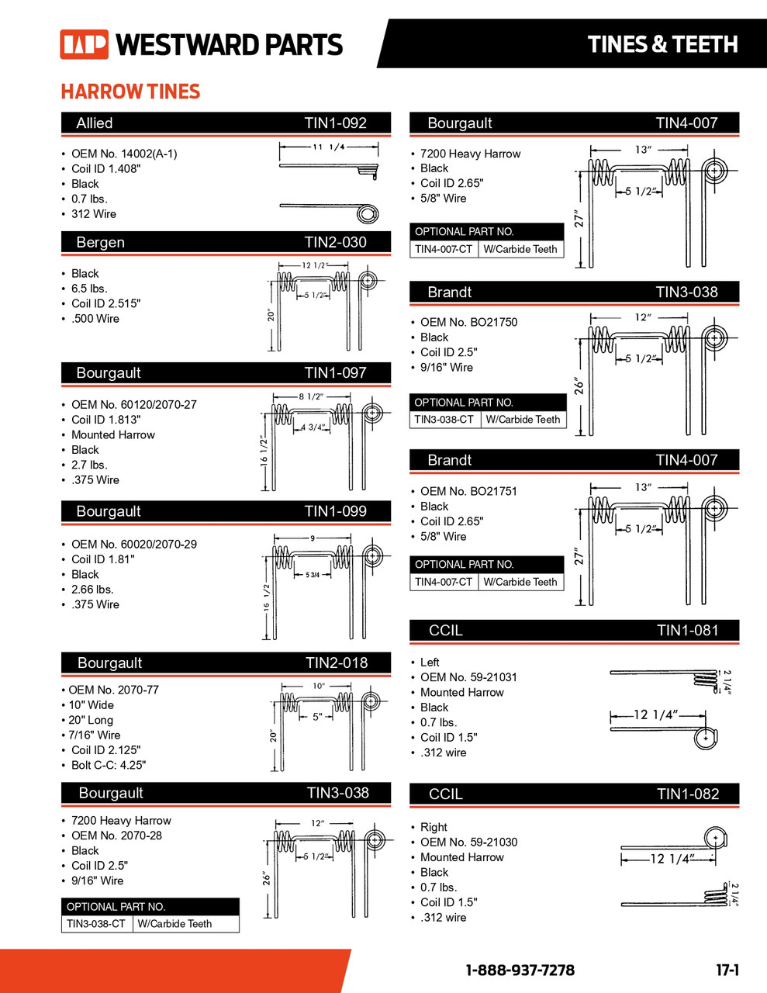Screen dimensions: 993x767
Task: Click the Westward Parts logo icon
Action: click(x=84, y=45)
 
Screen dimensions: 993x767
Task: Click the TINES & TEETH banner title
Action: click(x=662, y=45)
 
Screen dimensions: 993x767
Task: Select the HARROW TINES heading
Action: click(x=130, y=92)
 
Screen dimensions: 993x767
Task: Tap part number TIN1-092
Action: click(x=335, y=123)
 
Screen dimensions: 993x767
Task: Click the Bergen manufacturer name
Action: click(x=100, y=243)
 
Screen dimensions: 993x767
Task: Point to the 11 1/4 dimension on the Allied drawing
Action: click(x=328, y=147)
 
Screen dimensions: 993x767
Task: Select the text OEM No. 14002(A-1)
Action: click(x=124, y=154)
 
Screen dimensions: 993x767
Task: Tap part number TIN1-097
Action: click(x=335, y=373)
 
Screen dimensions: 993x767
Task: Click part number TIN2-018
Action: click(x=337, y=663)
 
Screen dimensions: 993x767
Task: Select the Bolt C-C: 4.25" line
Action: click(x=108, y=765)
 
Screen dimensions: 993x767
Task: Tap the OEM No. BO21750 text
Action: click(x=468, y=322)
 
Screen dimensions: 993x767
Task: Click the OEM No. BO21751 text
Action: click(x=468, y=491)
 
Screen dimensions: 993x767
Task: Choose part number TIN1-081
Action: click(x=687, y=631)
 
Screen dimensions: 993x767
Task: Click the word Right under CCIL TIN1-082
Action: click(x=434, y=827)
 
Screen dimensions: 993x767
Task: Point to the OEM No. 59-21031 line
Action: click(x=468, y=677)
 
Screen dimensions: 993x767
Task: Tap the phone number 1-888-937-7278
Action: click(x=520, y=971)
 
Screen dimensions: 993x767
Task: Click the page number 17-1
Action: click(x=727, y=971)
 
